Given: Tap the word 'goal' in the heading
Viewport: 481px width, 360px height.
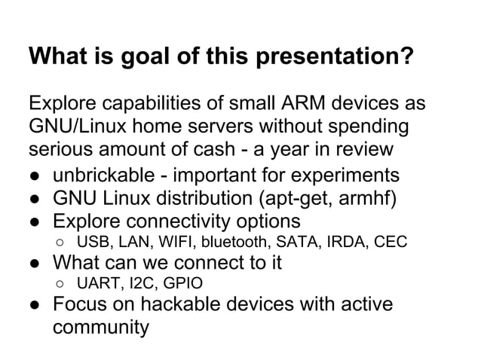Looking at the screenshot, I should point(146,58).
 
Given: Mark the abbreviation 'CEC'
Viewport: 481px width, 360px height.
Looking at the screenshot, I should point(390,243).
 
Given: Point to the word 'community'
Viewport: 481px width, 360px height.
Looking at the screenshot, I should point(101,330).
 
